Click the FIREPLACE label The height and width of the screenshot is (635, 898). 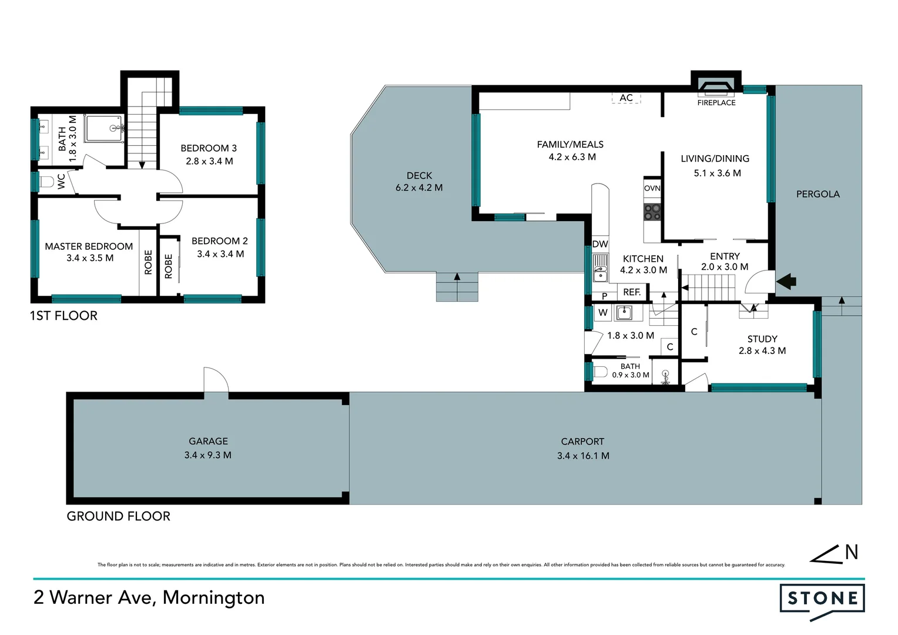click(x=716, y=103)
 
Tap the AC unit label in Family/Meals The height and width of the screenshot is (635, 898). click(x=626, y=98)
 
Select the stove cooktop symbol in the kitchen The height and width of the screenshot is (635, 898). click(x=652, y=212)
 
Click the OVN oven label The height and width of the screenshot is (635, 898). click(x=652, y=188)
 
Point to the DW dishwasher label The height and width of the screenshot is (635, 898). click(x=600, y=245)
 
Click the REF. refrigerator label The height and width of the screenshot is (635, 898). click(x=632, y=292)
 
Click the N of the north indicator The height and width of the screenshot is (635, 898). click(x=851, y=553)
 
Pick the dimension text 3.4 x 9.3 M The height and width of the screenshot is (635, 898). click(x=207, y=455)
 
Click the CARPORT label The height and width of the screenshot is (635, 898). click(x=582, y=442)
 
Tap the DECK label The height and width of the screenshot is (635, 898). click(x=419, y=176)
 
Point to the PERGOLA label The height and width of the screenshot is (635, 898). click(x=817, y=194)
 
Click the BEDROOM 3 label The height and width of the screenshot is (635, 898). click(x=209, y=148)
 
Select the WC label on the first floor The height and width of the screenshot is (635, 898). click(x=62, y=181)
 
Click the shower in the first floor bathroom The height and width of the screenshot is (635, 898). click(x=105, y=129)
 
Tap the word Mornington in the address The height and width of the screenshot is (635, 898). click(x=213, y=597)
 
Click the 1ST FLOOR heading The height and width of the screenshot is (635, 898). click(x=63, y=316)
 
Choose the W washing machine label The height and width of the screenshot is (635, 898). click(x=602, y=313)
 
